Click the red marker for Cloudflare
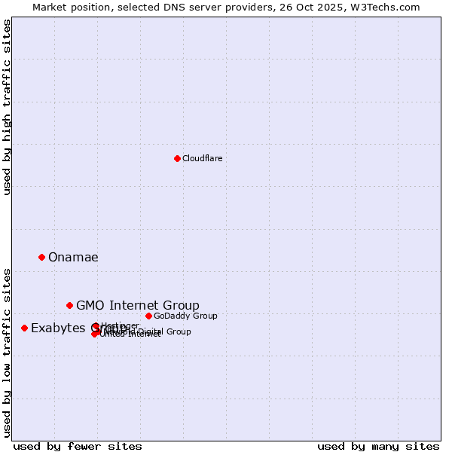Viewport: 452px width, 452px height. pos(177,158)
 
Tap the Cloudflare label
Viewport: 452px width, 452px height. pos(202,158)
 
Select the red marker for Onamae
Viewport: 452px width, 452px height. pos(42,257)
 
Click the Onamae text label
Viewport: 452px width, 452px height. pos(73,258)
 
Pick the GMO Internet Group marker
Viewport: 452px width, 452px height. pos(69,305)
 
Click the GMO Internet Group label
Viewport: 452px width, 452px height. pos(138,305)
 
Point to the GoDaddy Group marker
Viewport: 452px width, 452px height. pos(148,316)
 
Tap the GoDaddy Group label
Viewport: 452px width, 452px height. pos(185,316)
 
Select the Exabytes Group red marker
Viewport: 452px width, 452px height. pos(25,328)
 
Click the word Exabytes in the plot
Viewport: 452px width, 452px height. pos(59,328)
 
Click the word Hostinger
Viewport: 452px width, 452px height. pos(120,325)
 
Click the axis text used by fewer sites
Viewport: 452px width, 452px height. pos(78,446)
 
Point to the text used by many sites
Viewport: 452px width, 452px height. pos(378,446)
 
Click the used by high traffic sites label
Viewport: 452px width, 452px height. pos(8,107)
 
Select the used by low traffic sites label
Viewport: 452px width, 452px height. pos(8,353)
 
